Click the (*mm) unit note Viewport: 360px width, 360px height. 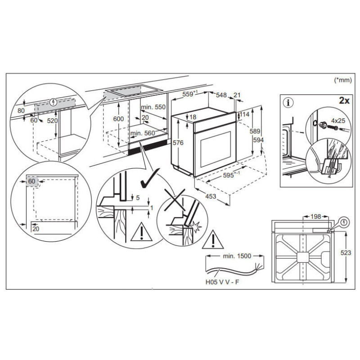(x=342, y=80)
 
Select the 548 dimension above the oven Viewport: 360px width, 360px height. (x=220, y=95)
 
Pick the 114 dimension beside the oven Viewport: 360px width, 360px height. (x=244, y=115)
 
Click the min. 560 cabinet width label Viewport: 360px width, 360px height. (x=142, y=133)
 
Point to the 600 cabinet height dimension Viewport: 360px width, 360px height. (x=118, y=118)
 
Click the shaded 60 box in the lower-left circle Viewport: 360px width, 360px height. (x=31, y=181)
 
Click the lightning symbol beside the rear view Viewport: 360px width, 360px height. (x=345, y=222)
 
